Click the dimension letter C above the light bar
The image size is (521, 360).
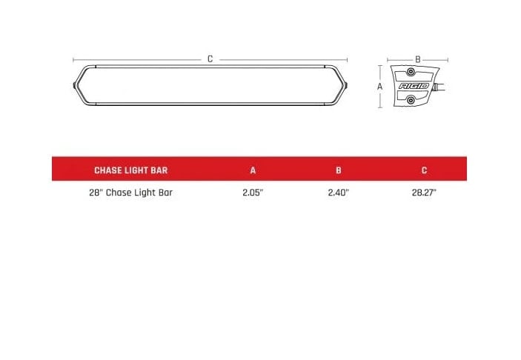pyautogui.click(x=210, y=59)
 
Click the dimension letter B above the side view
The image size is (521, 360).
pyautogui.click(x=418, y=59)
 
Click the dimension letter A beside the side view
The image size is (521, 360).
pyautogui.click(x=379, y=86)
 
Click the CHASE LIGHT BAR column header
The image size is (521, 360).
pyautogui.click(x=130, y=170)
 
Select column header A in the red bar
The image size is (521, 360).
pyautogui.click(x=253, y=170)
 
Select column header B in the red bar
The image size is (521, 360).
pyautogui.click(x=338, y=170)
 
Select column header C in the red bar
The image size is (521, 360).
pyautogui.click(x=424, y=170)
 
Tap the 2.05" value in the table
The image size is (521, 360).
pyautogui.click(x=253, y=193)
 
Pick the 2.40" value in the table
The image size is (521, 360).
pyautogui.click(x=338, y=193)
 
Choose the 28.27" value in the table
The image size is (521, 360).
pyautogui.click(x=424, y=193)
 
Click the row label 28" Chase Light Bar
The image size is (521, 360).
pyautogui.click(x=130, y=193)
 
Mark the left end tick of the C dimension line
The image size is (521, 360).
pyautogui.click(x=73, y=59)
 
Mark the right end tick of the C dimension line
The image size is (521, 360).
pyautogui.click(x=348, y=59)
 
